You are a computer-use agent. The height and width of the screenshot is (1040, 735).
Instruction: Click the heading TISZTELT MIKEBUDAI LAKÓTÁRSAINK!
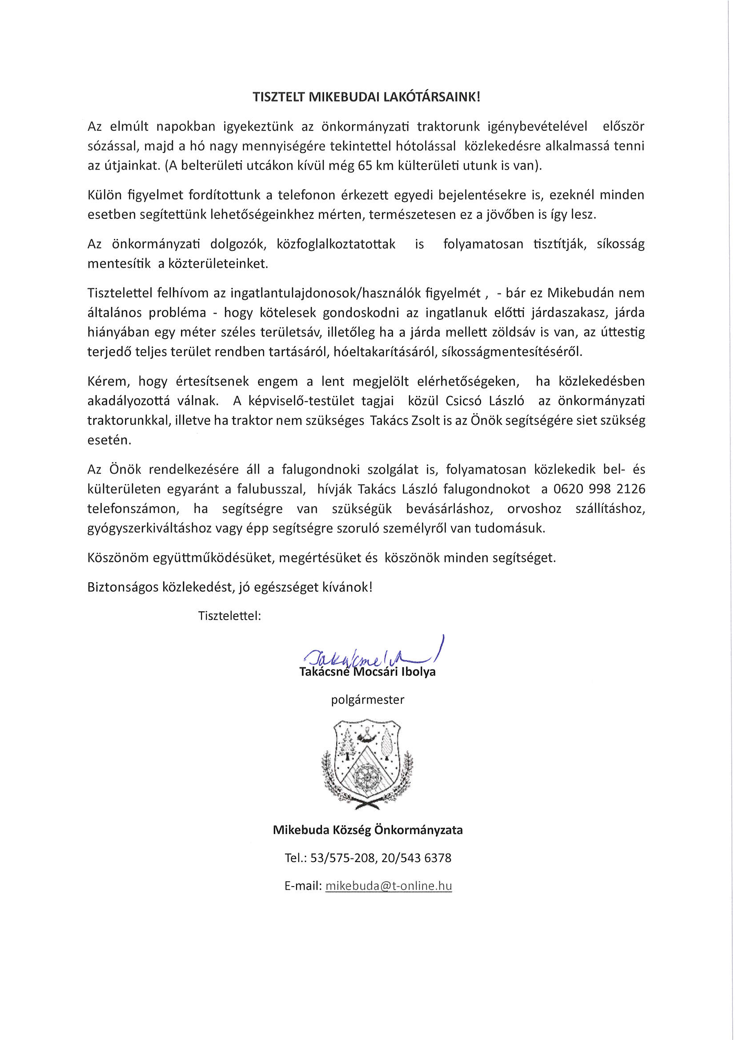(x=366, y=98)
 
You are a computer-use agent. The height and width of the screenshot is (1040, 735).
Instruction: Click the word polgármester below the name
(x=367, y=700)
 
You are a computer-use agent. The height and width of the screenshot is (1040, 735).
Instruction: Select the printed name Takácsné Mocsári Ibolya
(x=367, y=671)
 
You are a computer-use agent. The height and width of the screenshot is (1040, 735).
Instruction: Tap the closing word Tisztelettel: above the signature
(x=229, y=616)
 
